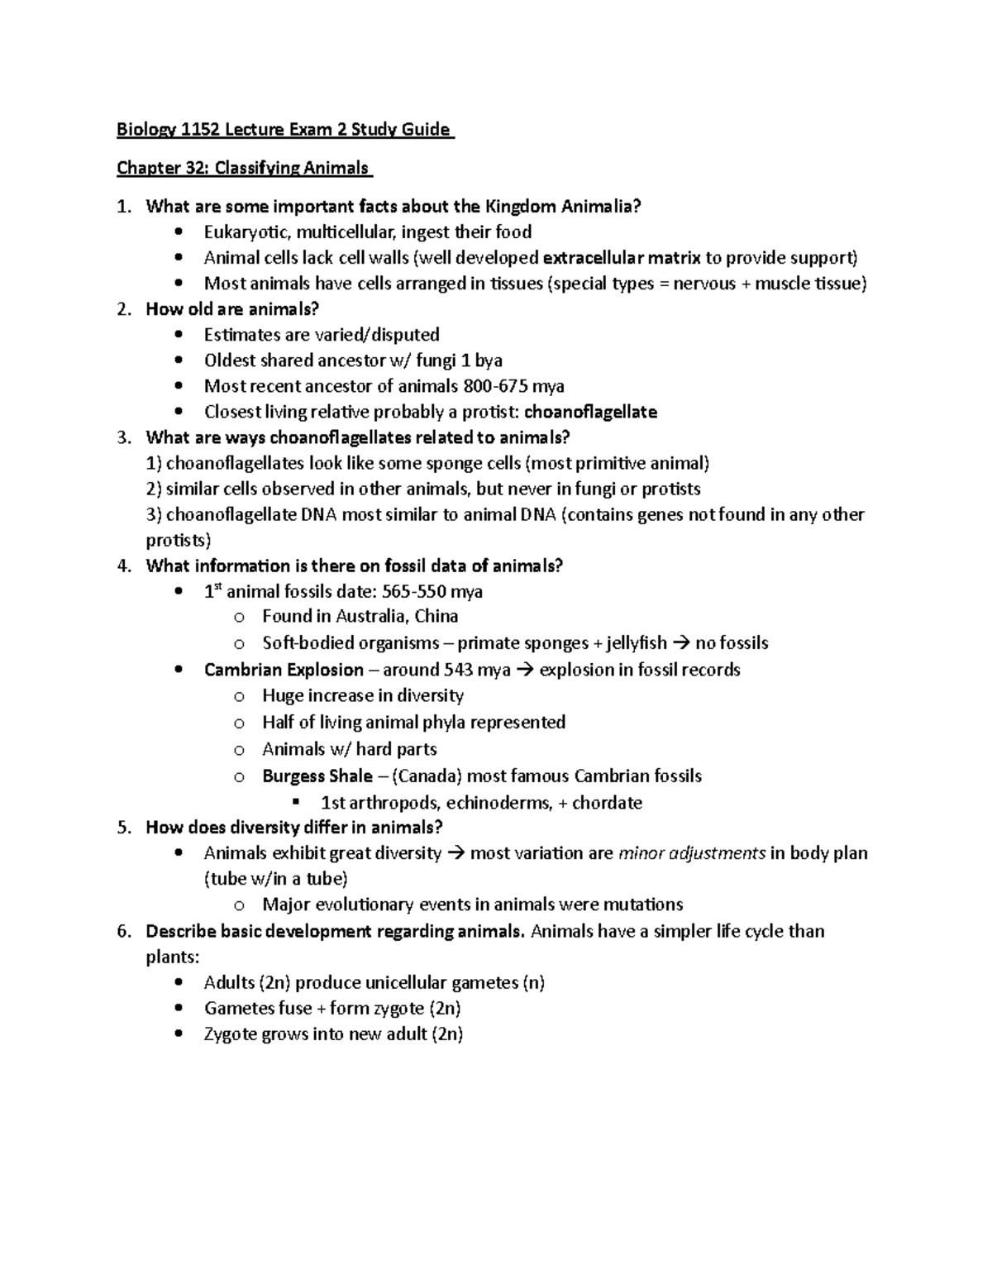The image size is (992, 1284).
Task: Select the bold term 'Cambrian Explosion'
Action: (284, 670)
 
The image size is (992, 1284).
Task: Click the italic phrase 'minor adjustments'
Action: (692, 853)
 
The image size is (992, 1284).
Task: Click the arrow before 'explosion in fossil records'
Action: (525, 670)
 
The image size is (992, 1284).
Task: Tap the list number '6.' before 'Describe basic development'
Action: (124, 932)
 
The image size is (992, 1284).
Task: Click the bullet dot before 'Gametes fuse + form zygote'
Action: (180, 1010)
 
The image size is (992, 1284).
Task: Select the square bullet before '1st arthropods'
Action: (297, 802)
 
